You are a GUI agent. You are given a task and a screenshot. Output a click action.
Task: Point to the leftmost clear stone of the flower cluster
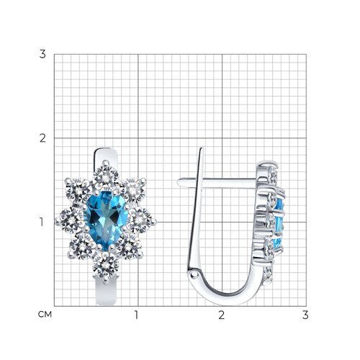pos(71,220)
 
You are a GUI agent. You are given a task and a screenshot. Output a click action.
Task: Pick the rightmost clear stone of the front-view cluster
pos(140,220)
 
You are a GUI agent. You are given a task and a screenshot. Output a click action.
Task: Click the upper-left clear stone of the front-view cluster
pos(78,191)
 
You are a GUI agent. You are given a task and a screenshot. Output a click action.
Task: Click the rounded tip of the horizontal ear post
pos(179,182)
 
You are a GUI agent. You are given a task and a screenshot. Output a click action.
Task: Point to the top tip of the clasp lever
pos(202,148)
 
